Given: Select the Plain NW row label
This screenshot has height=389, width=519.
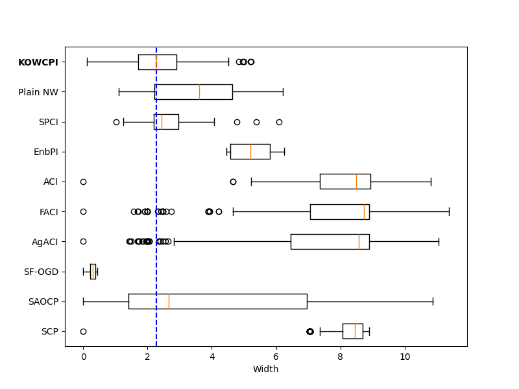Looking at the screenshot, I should (x=38, y=92).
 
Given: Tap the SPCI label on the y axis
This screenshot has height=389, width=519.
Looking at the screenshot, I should (x=48, y=122).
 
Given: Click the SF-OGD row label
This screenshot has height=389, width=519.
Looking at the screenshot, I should (x=41, y=272).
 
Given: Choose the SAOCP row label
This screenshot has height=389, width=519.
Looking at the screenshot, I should (x=43, y=301).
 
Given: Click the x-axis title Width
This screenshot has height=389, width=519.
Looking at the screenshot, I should (x=265, y=370).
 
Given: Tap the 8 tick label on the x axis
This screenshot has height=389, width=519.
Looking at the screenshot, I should (x=341, y=357).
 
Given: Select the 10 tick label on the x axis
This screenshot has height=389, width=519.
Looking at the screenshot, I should (x=405, y=357).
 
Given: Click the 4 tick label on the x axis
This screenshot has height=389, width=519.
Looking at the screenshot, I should (x=212, y=357).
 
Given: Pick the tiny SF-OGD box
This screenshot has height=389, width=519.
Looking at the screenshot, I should (x=93, y=272).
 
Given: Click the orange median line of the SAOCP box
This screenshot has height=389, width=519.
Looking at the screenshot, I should (x=169, y=301).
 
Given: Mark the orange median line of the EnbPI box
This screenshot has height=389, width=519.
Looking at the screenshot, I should (x=250, y=152).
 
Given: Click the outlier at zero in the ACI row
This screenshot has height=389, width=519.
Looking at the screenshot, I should (x=83, y=182).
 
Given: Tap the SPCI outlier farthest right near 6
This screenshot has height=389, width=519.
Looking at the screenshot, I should (x=279, y=122).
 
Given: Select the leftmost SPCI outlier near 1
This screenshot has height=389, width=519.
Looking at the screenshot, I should (x=116, y=122).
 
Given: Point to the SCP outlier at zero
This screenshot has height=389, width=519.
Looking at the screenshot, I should (x=83, y=331).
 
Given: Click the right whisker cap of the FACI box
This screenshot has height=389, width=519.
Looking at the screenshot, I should (x=449, y=211).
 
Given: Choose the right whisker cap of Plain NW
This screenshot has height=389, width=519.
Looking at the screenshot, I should (x=283, y=92).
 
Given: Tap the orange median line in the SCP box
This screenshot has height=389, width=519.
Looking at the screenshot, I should (x=355, y=331).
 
